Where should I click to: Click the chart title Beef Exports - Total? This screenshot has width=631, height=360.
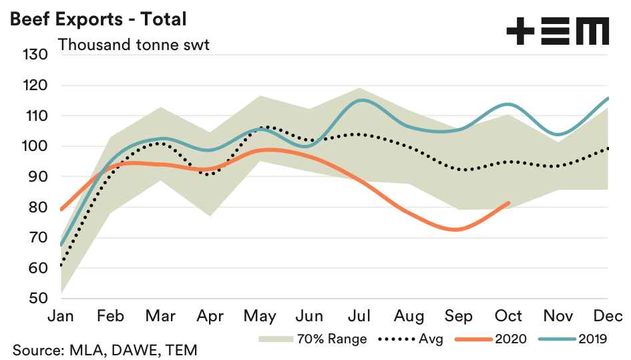click(97, 19)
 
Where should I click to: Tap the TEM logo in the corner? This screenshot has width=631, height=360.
click(557, 31)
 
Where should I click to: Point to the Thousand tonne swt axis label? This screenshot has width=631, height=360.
click(134, 45)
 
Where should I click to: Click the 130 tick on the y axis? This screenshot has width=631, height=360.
click(35, 55)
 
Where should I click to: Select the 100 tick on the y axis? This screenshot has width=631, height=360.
click(35, 146)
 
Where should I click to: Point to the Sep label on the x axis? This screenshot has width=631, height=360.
click(459, 315)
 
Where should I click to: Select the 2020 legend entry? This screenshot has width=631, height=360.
click(491, 339)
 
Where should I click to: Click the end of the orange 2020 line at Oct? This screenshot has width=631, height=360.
click(509, 202)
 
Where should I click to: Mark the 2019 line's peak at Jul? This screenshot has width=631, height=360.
click(361, 100)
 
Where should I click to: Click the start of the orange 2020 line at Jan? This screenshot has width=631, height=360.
click(61, 210)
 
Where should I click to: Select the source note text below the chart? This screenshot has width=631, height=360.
click(104, 349)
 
